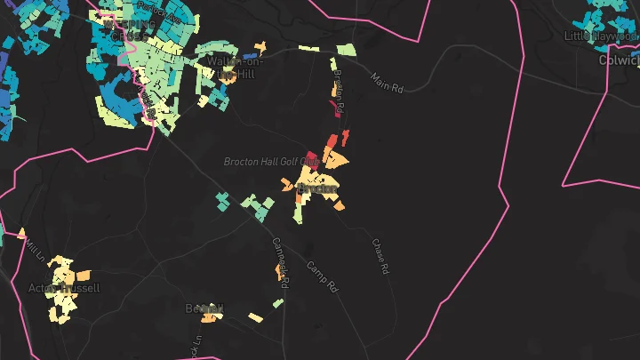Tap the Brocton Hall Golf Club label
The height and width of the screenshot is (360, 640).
click(x=270, y=162)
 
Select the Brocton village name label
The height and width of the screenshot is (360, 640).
click(x=317, y=188)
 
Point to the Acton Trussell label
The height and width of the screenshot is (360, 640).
click(x=64, y=288)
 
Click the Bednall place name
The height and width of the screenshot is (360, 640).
click(x=204, y=308)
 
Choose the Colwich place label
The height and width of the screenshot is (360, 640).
click(x=619, y=60)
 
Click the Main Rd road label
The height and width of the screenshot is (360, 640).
click(x=388, y=84)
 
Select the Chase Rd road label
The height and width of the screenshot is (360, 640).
click(x=380, y=255)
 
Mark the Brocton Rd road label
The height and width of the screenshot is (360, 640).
click(x=339, y=92)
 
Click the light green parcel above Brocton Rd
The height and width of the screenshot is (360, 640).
click(x=346, y=50)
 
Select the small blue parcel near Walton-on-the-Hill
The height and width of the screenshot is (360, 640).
click(x=238, y=55)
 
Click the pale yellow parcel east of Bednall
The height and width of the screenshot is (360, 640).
click(x=255, y=317)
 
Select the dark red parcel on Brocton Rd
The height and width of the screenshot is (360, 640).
click(x=335, y=109)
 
